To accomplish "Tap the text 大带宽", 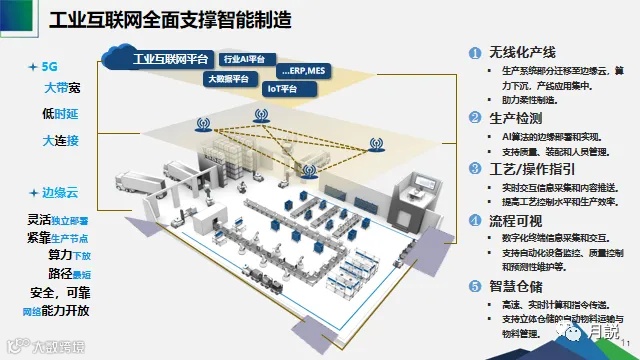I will pos(63,88).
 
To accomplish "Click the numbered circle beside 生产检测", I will pos(475,117).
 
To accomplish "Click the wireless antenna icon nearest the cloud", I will pos(203,125).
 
